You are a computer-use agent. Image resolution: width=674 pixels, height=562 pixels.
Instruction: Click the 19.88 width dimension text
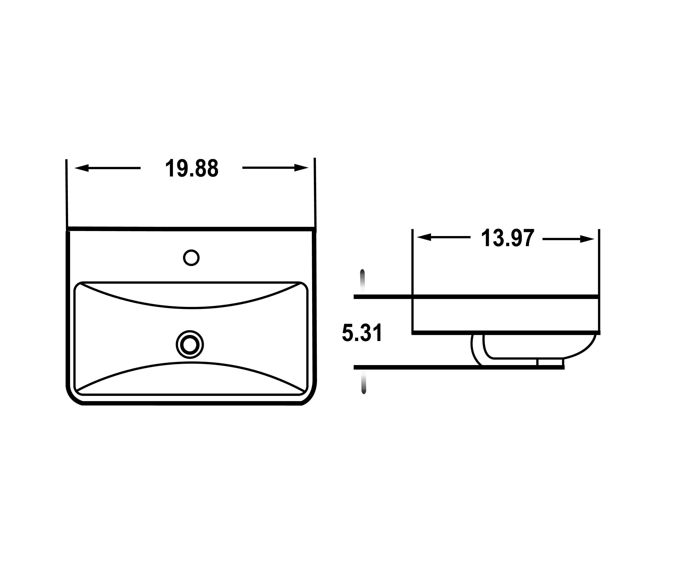click(192, 168)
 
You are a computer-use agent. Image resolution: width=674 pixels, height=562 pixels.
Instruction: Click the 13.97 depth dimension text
click(508, 238)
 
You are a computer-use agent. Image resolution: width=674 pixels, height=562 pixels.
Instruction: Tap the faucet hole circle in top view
click(191, 258)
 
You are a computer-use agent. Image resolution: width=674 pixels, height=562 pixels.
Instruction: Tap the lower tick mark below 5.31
click(364, 383)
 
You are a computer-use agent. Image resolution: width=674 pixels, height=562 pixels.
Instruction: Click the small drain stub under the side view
click(550, 362)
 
